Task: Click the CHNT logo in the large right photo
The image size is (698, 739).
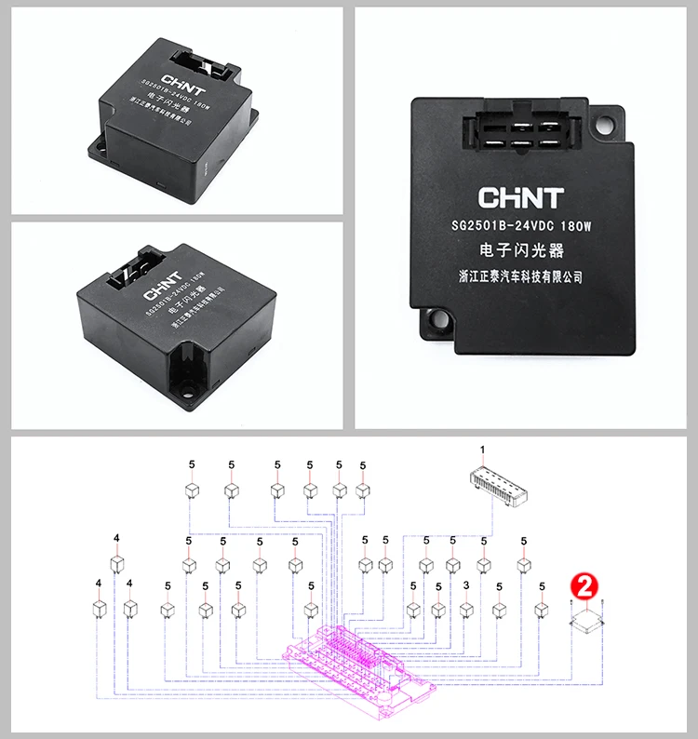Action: pyautogui.click(x=520, y=197)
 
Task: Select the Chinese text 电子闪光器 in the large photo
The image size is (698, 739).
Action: pyautogui.click(x=521, y=251)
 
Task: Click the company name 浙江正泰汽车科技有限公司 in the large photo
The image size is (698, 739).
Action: pyautogui.click(x=521, y=277)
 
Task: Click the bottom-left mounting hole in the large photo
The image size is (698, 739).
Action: pyautogui.click(x=432, y=325)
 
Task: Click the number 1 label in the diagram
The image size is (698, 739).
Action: pyautogui.click(x=482, y=450)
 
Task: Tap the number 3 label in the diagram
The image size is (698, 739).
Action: pyautogui.click(x=465, y=585)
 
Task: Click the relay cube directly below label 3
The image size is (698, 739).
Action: pyautogui.click(x=465, y=609)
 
